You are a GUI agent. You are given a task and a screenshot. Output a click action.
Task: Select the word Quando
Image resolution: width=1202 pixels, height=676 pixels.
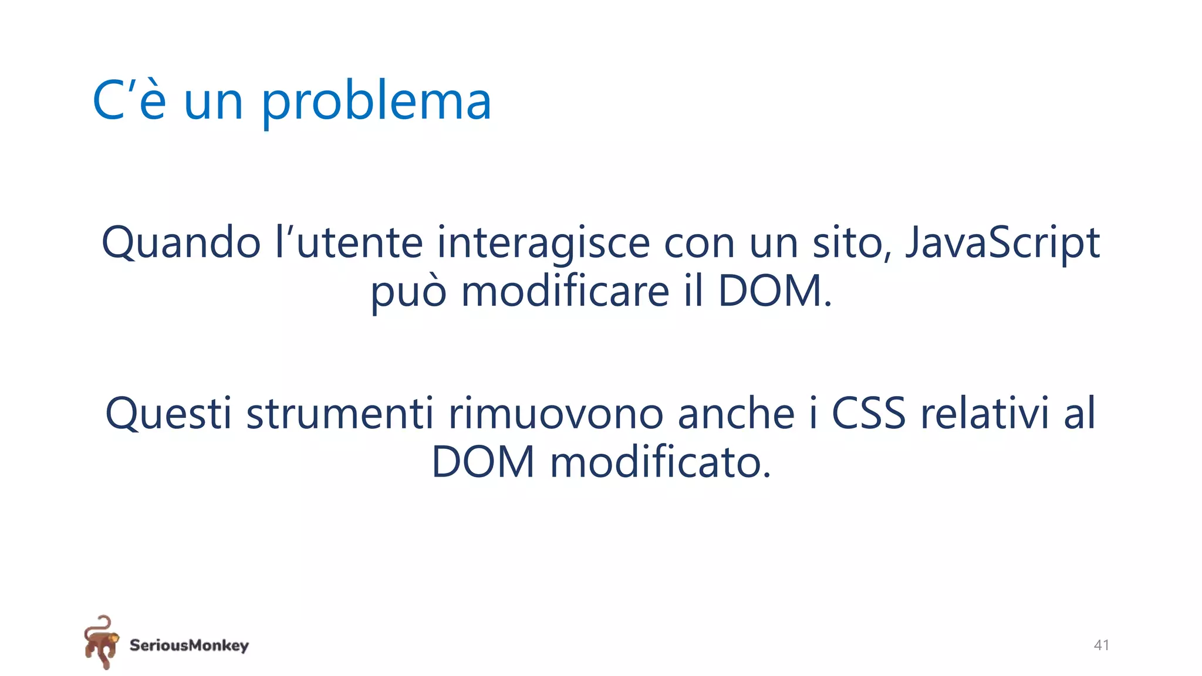coord(181,243)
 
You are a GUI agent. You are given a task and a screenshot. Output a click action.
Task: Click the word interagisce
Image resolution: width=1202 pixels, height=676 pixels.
coord(543,243)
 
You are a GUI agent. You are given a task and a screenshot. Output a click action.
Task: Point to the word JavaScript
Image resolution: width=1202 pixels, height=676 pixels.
coord(1002,243)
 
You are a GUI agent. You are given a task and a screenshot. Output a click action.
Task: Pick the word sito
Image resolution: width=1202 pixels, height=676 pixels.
coord(852,243)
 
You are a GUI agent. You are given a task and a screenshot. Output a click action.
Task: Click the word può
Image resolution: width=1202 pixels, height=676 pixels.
coord(408,292)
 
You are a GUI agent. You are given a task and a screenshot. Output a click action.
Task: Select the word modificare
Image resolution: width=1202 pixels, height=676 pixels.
coord(565,292)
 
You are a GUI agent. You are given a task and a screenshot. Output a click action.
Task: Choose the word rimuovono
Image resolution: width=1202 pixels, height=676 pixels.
coord(556,414)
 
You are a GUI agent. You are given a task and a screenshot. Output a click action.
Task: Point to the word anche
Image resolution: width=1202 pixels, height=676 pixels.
coord(736,414)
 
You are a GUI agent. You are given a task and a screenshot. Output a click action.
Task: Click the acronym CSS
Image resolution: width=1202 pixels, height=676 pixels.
coord(869,414)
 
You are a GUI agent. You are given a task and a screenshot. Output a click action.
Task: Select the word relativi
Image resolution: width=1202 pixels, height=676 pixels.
coord(984,414)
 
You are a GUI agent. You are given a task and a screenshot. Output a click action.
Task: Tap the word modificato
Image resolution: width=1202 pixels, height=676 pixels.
coord(660,462)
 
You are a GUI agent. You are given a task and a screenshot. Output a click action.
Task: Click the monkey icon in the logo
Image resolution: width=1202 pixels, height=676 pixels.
coord(101,642)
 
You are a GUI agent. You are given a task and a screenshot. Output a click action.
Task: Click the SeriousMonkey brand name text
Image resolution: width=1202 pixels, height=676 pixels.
coord(189,645)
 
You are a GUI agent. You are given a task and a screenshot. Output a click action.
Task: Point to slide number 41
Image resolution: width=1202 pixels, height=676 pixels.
coord(1101,645)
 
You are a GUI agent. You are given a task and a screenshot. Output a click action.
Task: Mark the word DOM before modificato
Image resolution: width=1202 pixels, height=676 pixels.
coord(483,462)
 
